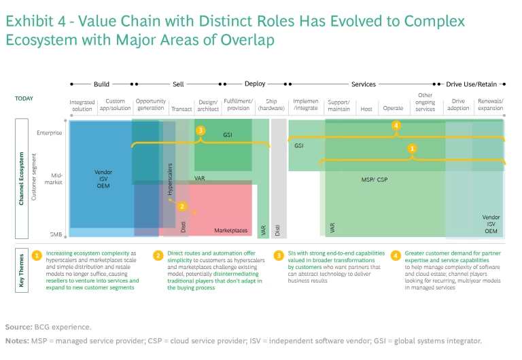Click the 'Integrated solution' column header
click(x=82, y=105)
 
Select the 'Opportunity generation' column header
click(x=150, y=105)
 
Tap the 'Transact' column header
click(x=181, y=109)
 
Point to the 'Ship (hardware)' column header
click(x=271, y=105)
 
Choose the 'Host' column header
click(x=366, y=109)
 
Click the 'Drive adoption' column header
click(x=458, y=105)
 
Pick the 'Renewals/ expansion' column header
click(x=490, y=105)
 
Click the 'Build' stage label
click(x=101, y=84)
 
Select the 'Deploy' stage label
click(x=255, y=84)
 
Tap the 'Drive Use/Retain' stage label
click(x=472, y=84)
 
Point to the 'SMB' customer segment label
click(x=56, y=234)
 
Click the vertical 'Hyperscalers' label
click(x=171, y=180)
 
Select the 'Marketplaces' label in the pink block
click(x=231, y=231)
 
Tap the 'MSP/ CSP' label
click(x=375, y=181)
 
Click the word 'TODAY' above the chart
click(x=24, y=98)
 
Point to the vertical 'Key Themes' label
click(x=22, y=270)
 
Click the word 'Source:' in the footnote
click(x=19, y=327)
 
